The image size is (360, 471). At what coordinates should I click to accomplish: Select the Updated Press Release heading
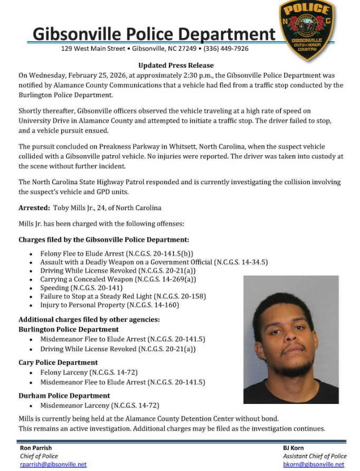(176, 65)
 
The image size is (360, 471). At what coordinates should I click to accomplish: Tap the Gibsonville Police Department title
(154, 34)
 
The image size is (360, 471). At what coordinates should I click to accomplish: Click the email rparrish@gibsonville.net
(53, 464)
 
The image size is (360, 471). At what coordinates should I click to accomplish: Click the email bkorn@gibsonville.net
(314, 464)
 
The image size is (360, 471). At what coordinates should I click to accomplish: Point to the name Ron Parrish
(35, 448)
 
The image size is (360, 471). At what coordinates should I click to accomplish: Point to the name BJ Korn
(293, 448)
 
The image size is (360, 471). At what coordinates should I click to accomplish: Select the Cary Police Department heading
(58, 363)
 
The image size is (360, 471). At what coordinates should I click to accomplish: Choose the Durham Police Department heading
(64, 395)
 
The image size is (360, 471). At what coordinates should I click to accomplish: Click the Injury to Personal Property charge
(110, 305)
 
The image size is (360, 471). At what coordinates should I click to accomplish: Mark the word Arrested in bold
(34, 208)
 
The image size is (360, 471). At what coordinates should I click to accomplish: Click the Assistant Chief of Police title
(315, 456)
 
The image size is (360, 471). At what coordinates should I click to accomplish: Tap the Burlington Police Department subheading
(69, 329)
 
